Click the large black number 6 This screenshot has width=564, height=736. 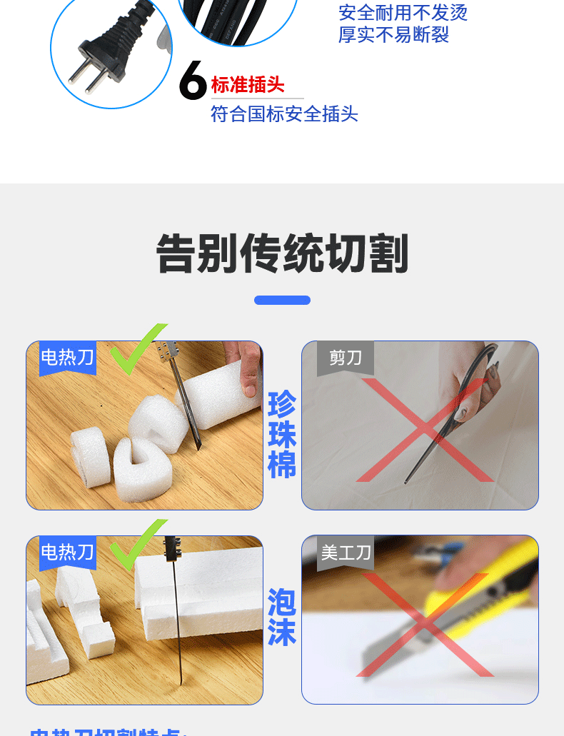coord(193,81)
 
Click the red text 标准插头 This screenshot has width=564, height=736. coord(248,85)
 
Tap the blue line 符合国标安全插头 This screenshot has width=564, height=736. coord(284,114)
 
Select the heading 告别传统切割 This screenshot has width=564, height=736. coord(282,253)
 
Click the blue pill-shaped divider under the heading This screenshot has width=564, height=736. coord(282,300)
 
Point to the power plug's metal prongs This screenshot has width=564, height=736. coord(84,77)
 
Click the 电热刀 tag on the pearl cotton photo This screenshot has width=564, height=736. coord(67,357)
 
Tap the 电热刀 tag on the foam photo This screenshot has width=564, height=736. coord(67,552)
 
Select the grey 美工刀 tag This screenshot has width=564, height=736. coord(346,552)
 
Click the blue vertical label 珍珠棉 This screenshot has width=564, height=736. coord(282,435)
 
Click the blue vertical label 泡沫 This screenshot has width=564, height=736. coord(282,617)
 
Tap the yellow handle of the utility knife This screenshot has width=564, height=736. coord(485,578)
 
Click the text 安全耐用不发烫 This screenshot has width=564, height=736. coord(403,13)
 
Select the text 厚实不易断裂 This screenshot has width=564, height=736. coord(393,34)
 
